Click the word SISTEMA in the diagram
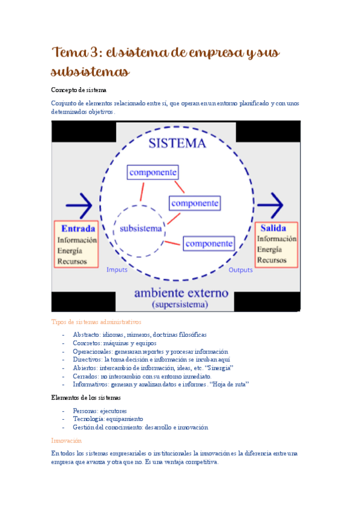point(177,143)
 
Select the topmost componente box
point(153,172)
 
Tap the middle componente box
point(194,203)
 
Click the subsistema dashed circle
point(141,229)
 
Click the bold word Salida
point(274,228)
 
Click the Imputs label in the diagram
point(117,269)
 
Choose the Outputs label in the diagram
point(240,269)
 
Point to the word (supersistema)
point(180,304)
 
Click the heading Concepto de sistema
point(79,90)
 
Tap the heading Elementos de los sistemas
point(86,398)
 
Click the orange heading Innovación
point(66,440)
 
